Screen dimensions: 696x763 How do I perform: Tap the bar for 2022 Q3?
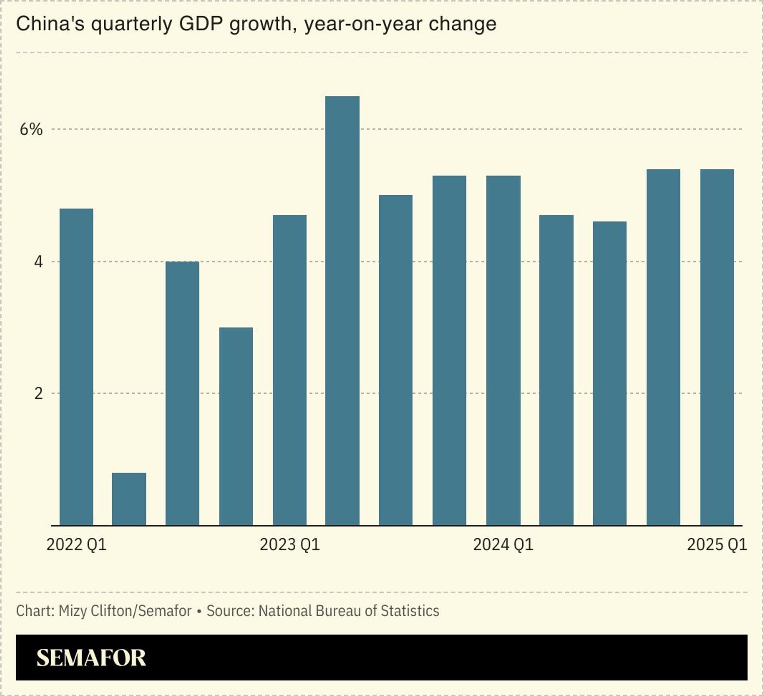pos(182,393)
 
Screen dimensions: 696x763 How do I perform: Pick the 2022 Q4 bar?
pos(236,426)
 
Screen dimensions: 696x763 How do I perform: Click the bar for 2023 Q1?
pos(290,370)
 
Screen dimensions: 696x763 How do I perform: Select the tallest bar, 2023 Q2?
pos(342,310)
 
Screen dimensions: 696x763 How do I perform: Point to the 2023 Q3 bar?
pos(396,360)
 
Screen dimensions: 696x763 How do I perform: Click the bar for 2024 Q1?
pos(503,350)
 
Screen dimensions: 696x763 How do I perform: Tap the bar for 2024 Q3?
pos(610,373)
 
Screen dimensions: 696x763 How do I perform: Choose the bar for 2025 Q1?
pos(717,347)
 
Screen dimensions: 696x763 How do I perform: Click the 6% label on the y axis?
pos(31,130)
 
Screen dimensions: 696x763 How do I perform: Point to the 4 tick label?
pos(38,262)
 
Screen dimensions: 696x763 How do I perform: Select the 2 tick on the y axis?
pos(38,394)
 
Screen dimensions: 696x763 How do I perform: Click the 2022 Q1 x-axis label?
pos(76,545)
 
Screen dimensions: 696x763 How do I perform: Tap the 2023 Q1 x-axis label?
pos(290,545)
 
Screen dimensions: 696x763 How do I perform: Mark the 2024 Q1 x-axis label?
pos(503,545)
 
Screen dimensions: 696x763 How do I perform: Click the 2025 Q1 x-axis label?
pos(717,545)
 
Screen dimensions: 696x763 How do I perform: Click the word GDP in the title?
pos(201,24)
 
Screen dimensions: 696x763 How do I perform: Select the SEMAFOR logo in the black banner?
pos(91,657)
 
